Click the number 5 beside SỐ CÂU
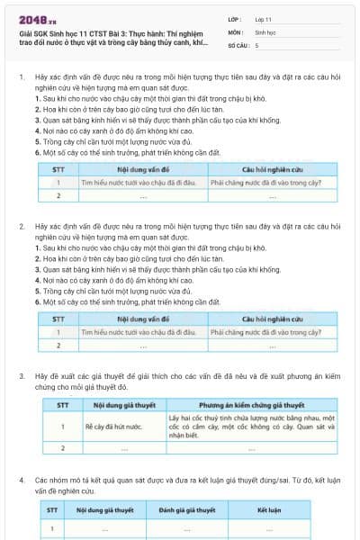tap(257, 44)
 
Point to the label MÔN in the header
tap(235, 31)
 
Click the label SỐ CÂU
tap(238, 44)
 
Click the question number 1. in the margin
tap(21, 78)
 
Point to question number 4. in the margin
tap(21, 481)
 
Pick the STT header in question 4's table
tap(52, 510)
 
